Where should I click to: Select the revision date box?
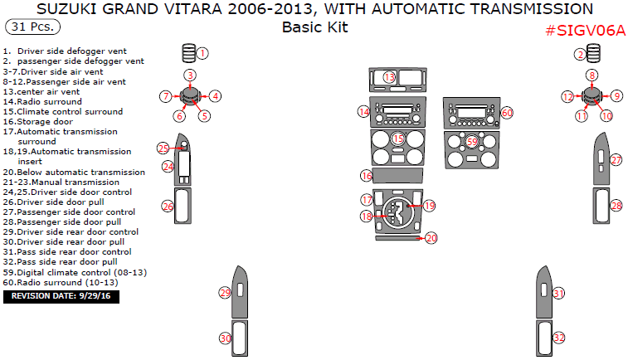pos(61,295)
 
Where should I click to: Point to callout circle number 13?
pos(390,77)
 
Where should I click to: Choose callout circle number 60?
pos(507,112)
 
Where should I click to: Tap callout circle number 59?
pos(471,142)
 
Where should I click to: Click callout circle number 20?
pos(431,238)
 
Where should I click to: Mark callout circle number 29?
pos(224,293)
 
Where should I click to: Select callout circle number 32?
pos(559,338)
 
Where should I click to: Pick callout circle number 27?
pos(616,159)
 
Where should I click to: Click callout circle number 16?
pos(366,176)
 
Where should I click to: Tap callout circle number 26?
pos(167,206)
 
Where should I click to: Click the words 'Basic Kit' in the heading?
pos(314,27)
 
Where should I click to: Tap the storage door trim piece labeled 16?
pos(398,176)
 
